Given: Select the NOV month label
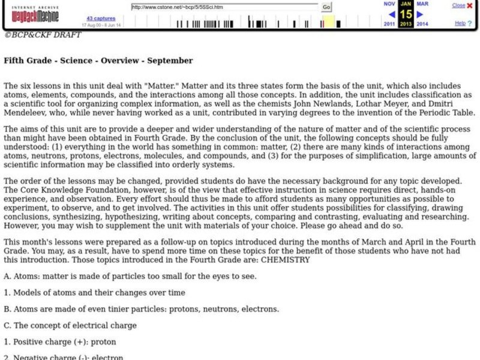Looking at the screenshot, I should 390,4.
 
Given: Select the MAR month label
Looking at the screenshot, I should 422,4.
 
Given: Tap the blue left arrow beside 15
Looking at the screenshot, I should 392,14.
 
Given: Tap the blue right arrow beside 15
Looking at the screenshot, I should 420,14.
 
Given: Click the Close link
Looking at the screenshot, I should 458,5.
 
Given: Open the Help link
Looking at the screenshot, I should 460,23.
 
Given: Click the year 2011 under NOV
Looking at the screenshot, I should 390,25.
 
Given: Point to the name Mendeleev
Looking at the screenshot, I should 26,113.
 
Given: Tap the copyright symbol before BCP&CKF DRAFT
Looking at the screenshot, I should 7,35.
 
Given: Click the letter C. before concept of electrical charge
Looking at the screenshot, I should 7,326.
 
